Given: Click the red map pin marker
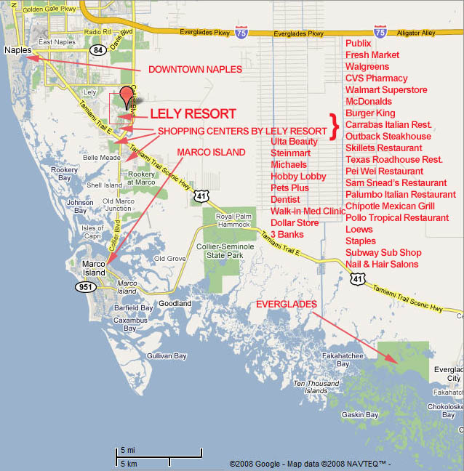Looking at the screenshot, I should (x=127, y=97).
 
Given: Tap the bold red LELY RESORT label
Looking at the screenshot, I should (x=193, y=114).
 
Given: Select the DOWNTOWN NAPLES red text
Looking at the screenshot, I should (x=195, y=70).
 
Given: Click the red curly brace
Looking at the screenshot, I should (x=335, y=126).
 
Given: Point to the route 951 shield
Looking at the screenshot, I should (x=84, y=286).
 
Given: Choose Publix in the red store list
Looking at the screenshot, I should (x=359, y=44).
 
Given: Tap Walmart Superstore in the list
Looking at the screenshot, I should (x=386, y=90).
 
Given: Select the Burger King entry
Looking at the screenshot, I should (x=370, y=113).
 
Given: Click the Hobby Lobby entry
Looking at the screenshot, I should (x=298, y=177).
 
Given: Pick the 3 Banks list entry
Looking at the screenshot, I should (x=287, y=235).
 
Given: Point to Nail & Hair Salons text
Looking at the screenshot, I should (x=382, y=265).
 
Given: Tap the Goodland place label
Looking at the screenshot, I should (x=175, y=303).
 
